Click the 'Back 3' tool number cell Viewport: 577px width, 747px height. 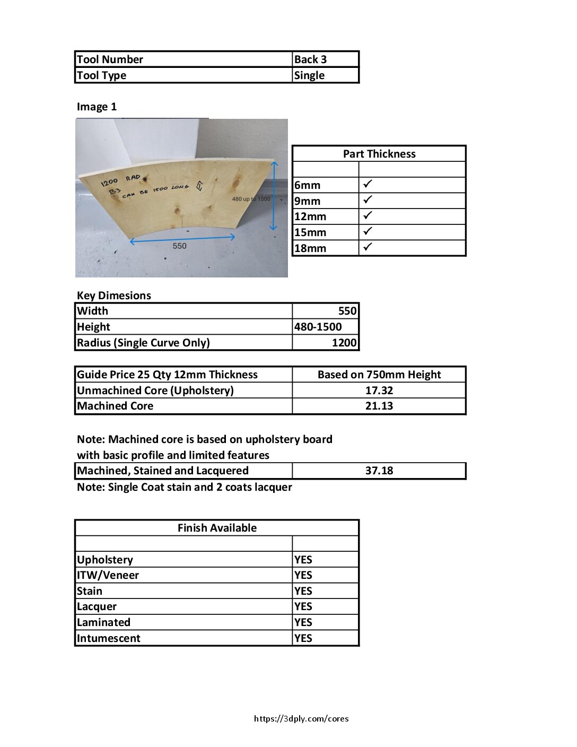310,59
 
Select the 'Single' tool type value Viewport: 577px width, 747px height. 309,75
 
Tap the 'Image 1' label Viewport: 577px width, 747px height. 97,107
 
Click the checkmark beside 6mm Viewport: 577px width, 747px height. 368,184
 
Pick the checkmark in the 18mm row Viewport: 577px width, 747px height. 368,247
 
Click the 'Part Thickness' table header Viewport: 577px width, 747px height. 379,154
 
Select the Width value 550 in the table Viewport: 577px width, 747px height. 347,311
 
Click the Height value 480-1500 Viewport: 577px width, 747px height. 318,327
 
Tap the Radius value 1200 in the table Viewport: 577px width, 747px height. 344,343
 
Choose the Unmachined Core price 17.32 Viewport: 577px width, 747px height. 379,390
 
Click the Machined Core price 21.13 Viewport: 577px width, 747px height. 379,406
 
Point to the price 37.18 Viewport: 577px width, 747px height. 379,471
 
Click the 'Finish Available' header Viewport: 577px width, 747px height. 217,528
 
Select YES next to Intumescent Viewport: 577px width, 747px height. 303,638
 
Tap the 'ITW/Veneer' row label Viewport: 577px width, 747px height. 108,575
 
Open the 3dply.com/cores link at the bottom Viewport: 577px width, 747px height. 301,719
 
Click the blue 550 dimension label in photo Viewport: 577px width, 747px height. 179,246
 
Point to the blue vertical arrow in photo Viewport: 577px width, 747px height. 274,196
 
